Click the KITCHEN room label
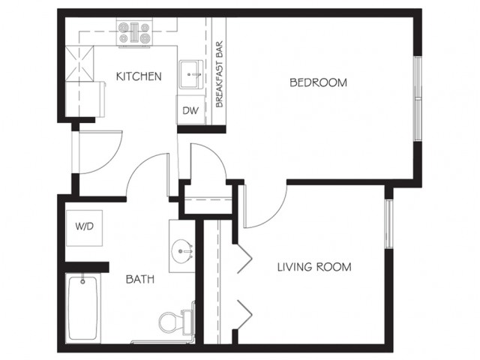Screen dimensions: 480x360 139,76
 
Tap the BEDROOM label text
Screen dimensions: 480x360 318,82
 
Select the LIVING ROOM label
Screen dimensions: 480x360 314,267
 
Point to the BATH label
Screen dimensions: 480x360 140,279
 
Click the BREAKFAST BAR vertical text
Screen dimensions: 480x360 219,74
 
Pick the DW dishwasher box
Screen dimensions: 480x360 190,110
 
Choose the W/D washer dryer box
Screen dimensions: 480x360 85,228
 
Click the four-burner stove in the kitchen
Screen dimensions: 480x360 134,32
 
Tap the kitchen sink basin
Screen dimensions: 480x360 191,74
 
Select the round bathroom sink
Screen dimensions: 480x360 182,249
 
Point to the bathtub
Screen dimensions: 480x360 82,308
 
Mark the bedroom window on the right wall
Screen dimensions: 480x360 418,98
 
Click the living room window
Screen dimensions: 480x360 388,223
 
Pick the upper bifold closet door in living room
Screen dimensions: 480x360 244,259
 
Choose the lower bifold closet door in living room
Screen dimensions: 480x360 244,314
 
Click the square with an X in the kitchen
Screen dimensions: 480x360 79,64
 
